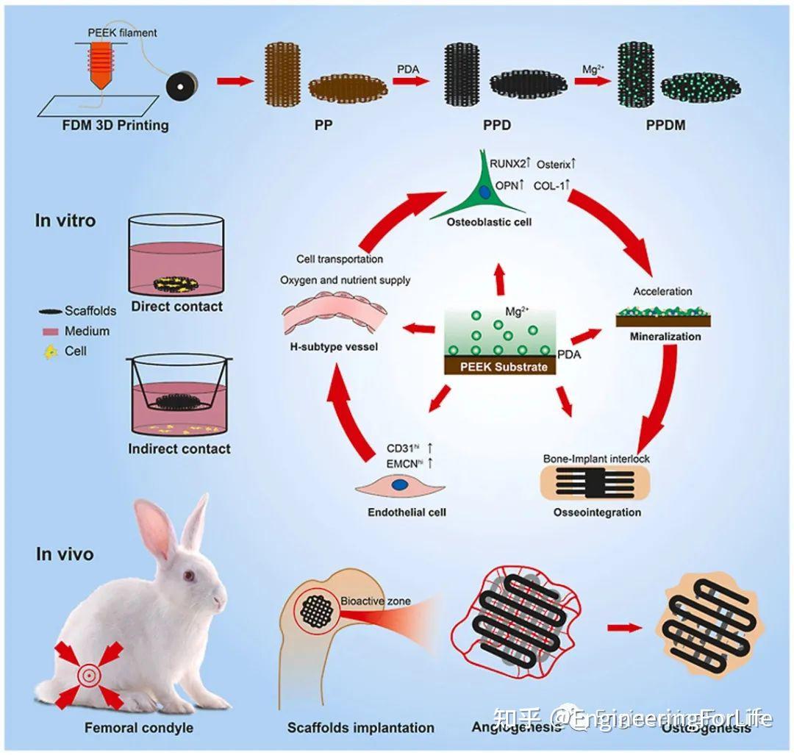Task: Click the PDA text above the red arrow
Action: click(407, 68)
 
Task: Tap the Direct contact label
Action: click(176, 307)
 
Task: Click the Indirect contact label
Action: click(179, 448)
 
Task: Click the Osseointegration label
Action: click(597, 512)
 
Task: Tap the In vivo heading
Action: click(65, 554)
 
